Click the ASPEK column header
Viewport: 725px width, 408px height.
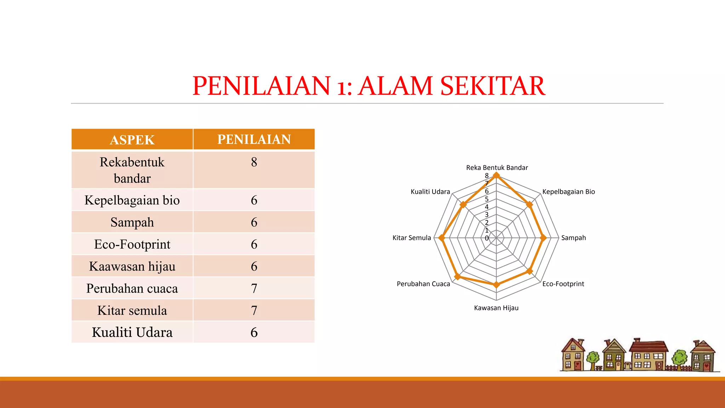tap(132, 140)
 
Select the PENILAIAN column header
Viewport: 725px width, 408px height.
tap(254, 140)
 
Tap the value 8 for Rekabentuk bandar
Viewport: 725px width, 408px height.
tap(254, 162)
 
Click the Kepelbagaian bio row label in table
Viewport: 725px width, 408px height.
tap(132, 200)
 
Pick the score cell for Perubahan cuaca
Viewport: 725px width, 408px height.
tap(254, 289)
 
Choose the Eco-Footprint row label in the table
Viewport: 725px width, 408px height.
tap(132, 244)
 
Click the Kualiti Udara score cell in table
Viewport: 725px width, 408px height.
tap(254, 333)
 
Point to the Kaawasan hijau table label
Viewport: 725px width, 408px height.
tap(132, 266)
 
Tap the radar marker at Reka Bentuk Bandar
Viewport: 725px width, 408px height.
tap(496, 175)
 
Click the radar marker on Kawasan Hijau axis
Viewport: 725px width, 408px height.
tap(496, 285)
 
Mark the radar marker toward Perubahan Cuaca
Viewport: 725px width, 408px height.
tap(457, 277)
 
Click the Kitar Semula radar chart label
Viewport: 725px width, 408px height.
tap(412, 238)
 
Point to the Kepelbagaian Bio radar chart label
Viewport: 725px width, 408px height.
tap(569, 192)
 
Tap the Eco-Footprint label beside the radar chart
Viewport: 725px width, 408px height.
tap(563, 284)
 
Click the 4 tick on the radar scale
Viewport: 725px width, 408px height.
tap(487, 207)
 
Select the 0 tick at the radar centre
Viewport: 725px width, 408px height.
tap(487, 238)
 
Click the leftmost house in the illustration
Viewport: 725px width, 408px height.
tap(573, 355)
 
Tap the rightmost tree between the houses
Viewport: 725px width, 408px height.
tap(679, 358)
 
